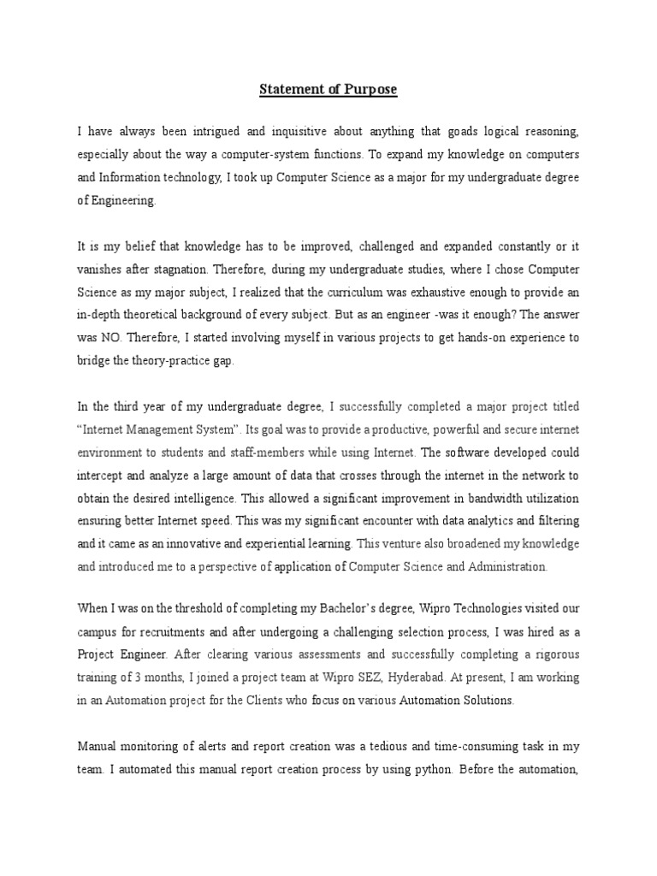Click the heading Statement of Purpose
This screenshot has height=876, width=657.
(x=328, y=89)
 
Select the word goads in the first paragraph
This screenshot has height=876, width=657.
(x=432, y=131)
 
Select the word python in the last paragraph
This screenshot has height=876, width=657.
(x=424, y=769)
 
